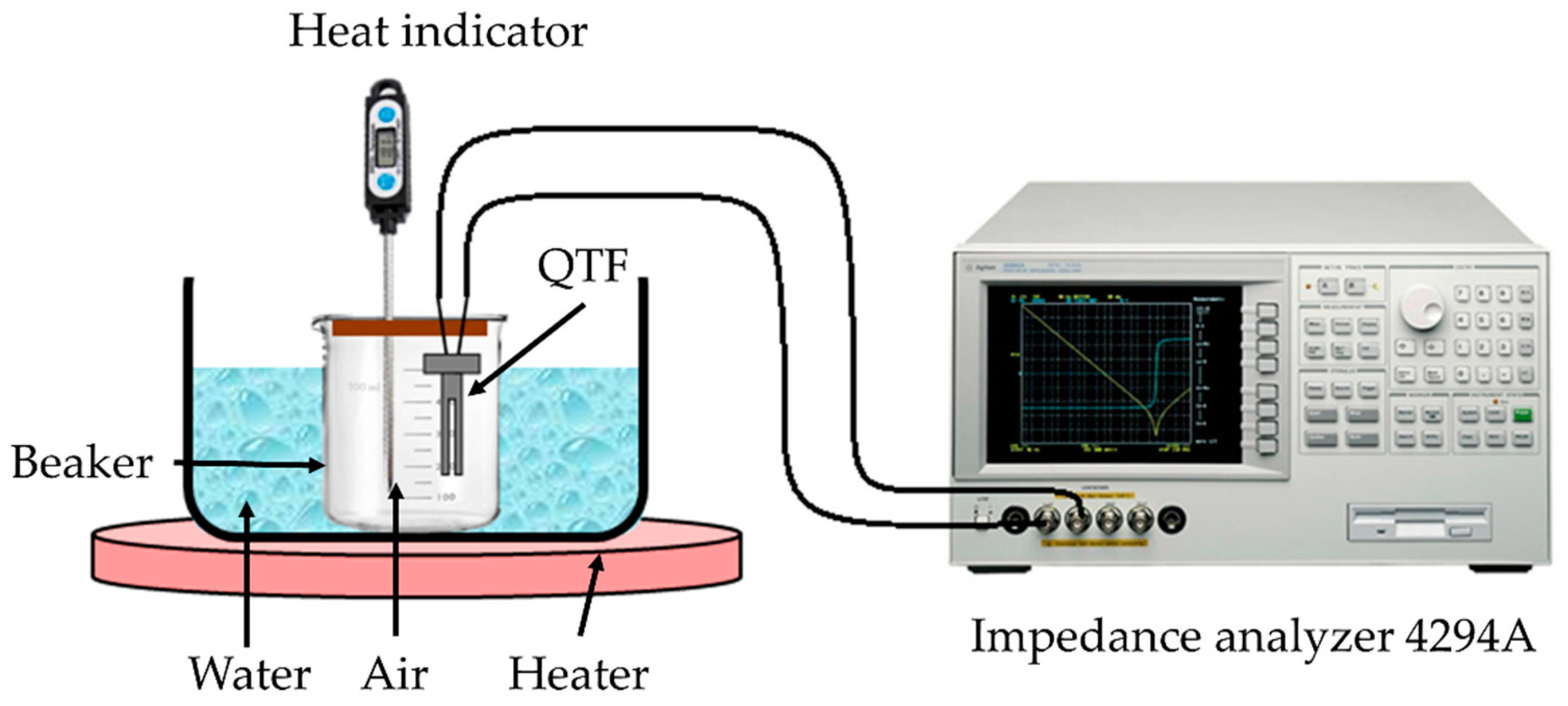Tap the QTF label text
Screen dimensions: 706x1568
(x=582, y=266)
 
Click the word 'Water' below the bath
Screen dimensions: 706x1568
(x=250, y=674)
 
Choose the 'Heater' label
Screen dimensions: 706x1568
(x=578, y=674)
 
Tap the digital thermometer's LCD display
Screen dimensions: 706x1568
(x=386, y=148)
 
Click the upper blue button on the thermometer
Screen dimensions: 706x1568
(x=386, y=114)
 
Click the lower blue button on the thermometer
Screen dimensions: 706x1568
(x=386, y=182)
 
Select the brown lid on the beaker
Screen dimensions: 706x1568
(x=409, y=329)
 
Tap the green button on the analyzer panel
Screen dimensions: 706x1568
(x=1522, y=416)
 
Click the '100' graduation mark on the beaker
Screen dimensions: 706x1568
(x=445, y=498)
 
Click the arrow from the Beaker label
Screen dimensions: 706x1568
(x=250, y=465)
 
